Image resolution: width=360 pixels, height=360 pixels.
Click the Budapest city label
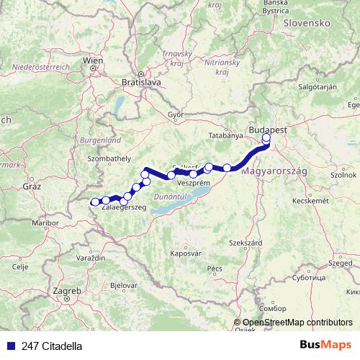tap(268, 127)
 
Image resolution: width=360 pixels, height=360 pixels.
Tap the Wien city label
tap(92, 60)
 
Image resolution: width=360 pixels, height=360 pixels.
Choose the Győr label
tap(176, 114)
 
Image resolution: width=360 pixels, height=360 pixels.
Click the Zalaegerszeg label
tap(124, 207)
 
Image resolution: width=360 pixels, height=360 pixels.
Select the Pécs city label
tap(214, 268)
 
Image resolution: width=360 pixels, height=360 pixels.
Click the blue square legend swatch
tap(10, 346)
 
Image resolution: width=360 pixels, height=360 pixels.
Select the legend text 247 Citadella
tap(52, 346)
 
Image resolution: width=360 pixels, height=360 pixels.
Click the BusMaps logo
tap(330, 345)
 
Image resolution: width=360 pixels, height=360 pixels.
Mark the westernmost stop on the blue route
tap(94, 202)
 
